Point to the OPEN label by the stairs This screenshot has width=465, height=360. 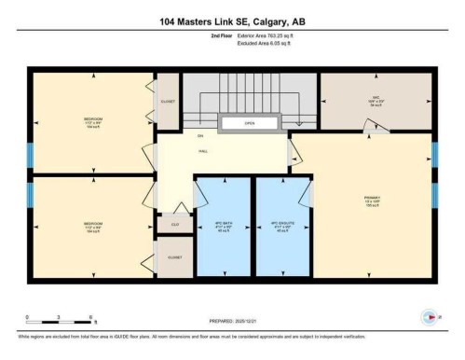click(x=249, y=122)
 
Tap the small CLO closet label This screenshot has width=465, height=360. click(x=173, y=224)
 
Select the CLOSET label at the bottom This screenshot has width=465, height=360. click(x=173, y=257)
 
